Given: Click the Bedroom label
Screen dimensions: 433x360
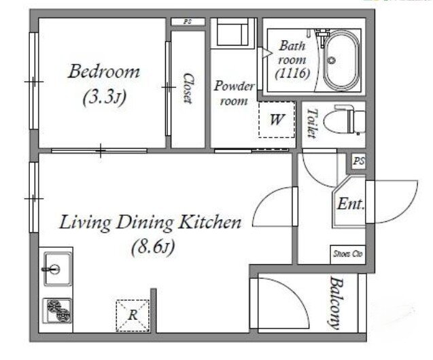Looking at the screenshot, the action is [x=104, y=71].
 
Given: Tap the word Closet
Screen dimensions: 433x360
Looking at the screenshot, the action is [x=188, y=88].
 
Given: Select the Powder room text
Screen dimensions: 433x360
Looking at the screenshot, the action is [x=234, y=93].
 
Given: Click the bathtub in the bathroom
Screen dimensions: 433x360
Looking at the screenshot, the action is [x=342, y=61].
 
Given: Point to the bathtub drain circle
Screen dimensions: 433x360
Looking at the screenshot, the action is [x=331, y=60].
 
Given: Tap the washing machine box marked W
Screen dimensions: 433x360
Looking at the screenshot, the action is [x=277, y=120].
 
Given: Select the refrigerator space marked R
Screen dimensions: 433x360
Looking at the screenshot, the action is [x=133, y=315].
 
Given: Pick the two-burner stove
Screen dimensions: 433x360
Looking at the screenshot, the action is [x=57, y=310].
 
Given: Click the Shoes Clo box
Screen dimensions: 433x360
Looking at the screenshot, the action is [x=348, y=254].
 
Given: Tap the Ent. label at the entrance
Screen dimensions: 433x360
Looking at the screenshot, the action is [x=351, y=204].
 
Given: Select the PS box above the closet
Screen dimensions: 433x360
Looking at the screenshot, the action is [x=188, y=22].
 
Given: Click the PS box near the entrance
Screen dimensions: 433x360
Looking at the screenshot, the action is [x=359, y=161].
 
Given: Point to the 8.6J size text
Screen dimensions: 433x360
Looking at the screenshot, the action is [x=154, y=246].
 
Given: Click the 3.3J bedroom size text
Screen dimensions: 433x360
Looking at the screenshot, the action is [x=105, y=97].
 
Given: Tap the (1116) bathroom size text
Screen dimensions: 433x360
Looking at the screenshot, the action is [x=292, y=73].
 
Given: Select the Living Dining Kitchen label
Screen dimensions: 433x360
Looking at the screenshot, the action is [x=150, y=223].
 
